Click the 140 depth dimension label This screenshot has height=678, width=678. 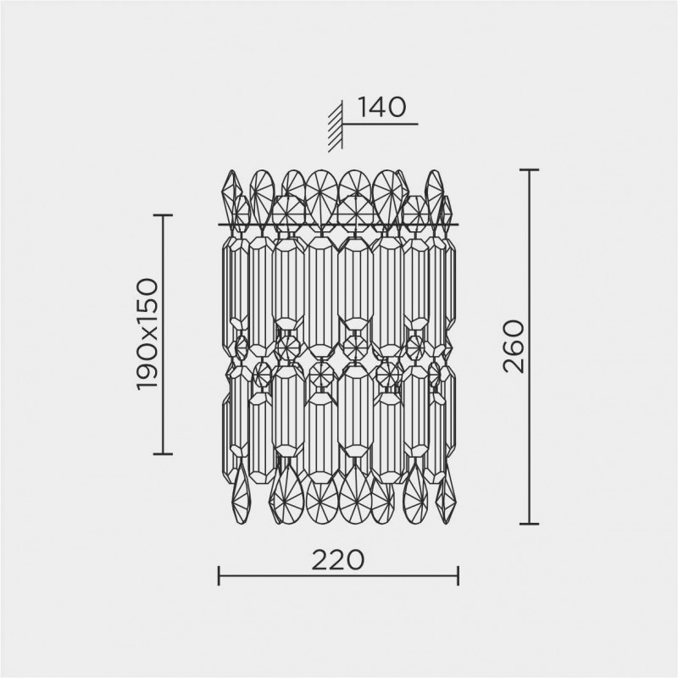coord(382,108)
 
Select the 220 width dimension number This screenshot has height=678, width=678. coord(338,560)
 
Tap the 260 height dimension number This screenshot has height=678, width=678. coord(514,346)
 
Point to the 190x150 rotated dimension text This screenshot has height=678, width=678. coord(147,334)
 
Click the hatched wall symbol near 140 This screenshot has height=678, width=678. coord(336,125)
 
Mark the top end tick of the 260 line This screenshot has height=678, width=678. coord(529,170)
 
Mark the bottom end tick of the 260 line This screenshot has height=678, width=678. coord(529,524)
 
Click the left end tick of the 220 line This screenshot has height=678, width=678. coord(220,575)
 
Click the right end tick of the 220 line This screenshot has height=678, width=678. coord(458,575)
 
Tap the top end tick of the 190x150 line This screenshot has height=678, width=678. coord(163,215)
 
